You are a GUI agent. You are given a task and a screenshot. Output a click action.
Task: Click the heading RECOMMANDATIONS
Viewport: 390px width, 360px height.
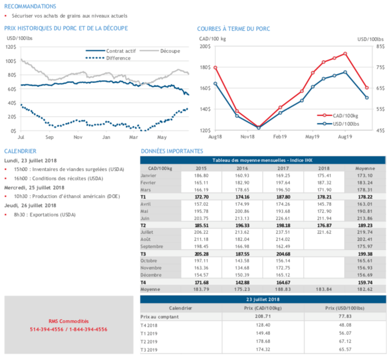(30, 7)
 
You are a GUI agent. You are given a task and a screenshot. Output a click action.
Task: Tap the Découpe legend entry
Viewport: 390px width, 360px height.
(169, 51)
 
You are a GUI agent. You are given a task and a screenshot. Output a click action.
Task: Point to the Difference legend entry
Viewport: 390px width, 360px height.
(118, 58)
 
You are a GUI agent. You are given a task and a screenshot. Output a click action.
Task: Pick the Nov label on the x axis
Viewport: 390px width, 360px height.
(78, 138)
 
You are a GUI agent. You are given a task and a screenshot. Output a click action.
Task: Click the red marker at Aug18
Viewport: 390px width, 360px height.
(215, 68)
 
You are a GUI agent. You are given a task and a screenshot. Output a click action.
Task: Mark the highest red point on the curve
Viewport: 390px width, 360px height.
(346, 54)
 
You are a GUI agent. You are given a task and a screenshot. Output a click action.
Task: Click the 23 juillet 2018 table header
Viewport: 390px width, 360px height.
(263, 300)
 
